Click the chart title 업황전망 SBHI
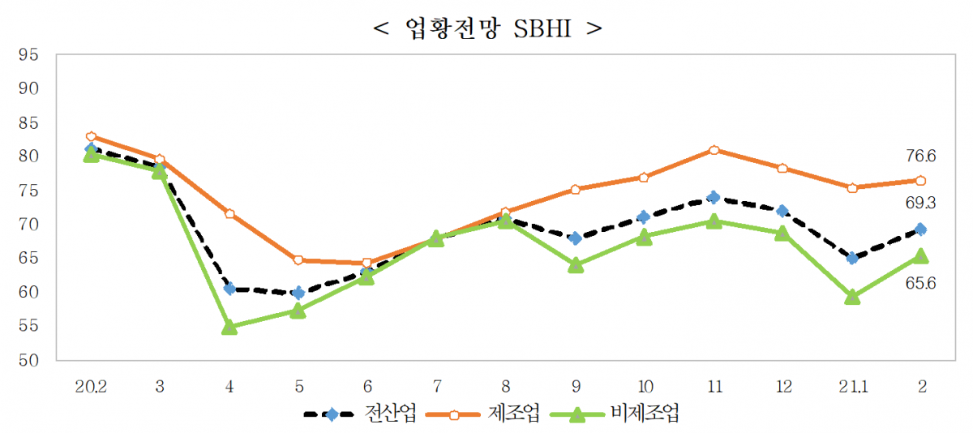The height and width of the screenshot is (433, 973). [x=486, y=28]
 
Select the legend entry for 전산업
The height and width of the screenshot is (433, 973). [x=360, y=414]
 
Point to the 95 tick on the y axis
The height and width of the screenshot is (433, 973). [x=28, y=54]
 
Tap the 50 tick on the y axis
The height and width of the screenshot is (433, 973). [x=28, y=360]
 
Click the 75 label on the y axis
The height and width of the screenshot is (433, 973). [x=28, y=191]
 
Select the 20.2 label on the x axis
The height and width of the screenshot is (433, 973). [x=91, y=386]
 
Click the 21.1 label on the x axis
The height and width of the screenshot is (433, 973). [x=852, y=386]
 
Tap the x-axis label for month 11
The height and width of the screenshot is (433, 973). [x=714, y=386]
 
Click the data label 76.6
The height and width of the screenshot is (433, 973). [x=921, y=156]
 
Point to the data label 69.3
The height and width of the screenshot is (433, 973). [x=921, y=200]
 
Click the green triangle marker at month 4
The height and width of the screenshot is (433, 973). [x=229, y=327]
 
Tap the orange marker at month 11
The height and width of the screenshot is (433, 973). [x=714, y=150]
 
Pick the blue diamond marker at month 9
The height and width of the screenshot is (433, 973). [x=576, y=238]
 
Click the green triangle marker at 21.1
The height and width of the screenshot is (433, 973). [x=852, y=298]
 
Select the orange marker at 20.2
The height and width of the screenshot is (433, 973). [x=91, y=137]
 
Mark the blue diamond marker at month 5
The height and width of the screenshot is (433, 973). [x=298, y=293]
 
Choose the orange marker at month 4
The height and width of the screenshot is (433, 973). [x=229, y=214]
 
